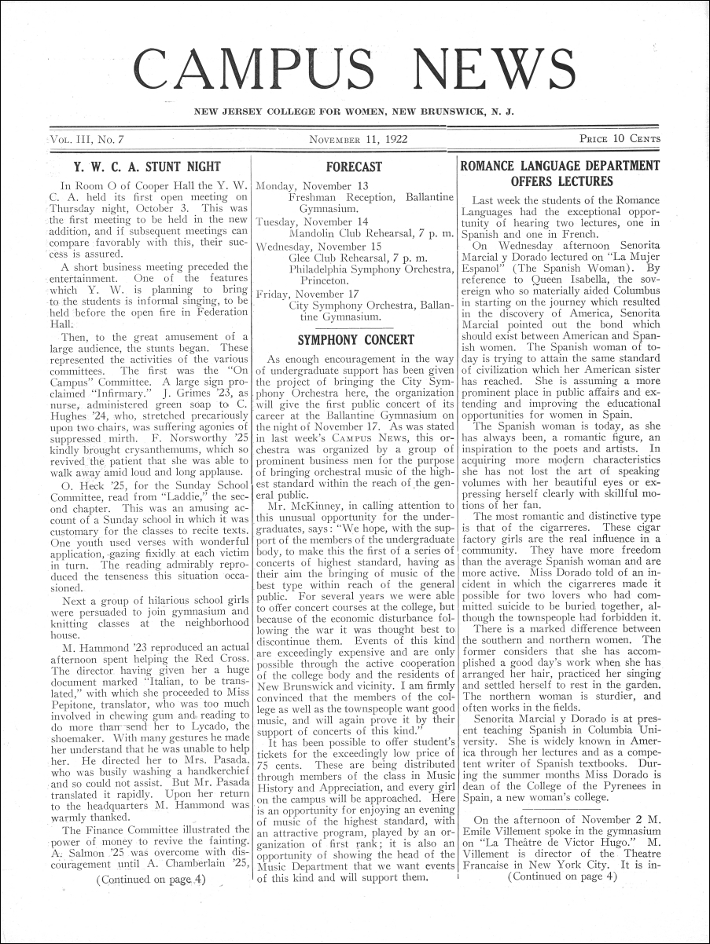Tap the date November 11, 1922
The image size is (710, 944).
coord(354,140)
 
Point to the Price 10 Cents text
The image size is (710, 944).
coord(620,140)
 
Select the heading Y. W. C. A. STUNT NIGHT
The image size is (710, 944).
coord(147,166)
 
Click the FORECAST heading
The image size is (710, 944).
coord(354,166)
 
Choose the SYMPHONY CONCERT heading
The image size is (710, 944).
coord(355,339)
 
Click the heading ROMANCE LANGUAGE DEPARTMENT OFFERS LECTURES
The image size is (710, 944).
coord(559,174)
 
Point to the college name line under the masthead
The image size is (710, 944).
coord(354,112)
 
